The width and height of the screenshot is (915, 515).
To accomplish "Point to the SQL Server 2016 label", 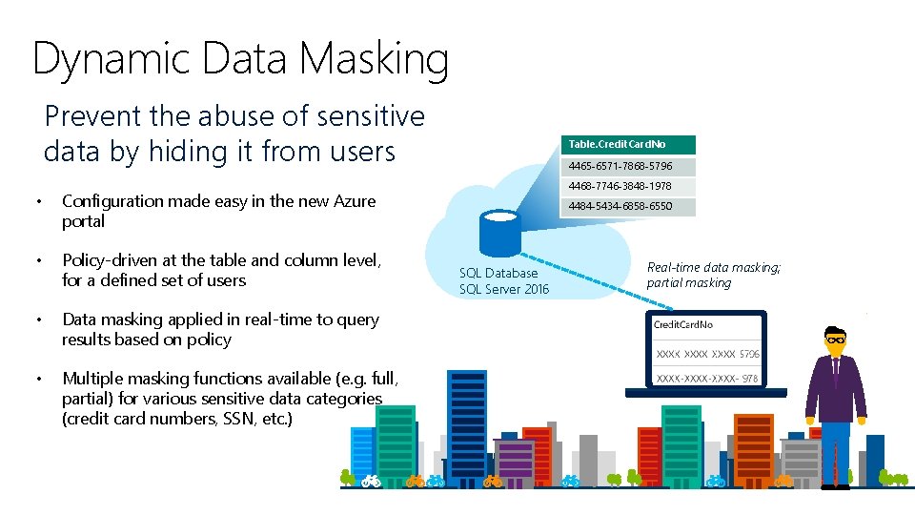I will (x=504, y=290).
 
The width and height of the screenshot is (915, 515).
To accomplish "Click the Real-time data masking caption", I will (x=713, y=268).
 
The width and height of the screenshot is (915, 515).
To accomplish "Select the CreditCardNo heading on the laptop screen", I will (x=682, y=325).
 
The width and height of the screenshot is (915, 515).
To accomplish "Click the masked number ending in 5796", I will (x=706, y=354).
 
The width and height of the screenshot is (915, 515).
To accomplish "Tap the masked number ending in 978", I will (x=706, y=379).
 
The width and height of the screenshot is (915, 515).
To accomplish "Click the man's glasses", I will (x=836, y=340).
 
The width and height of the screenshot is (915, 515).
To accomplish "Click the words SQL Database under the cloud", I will (x=498, y=274).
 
